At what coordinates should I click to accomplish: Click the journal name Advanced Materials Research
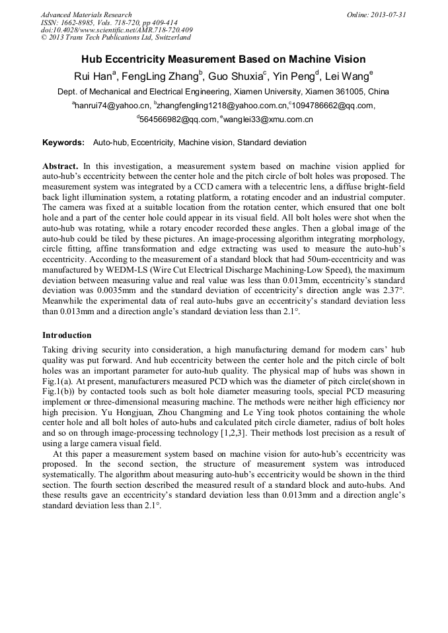[86, 15]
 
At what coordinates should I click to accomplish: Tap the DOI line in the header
[116, 30]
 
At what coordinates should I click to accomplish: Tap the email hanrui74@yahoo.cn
[112, 106]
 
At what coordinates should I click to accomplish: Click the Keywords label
[63, 143]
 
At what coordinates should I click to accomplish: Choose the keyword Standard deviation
[272, 143]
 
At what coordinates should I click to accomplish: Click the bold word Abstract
[60, 166]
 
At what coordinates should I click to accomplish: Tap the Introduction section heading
[67, 335]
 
